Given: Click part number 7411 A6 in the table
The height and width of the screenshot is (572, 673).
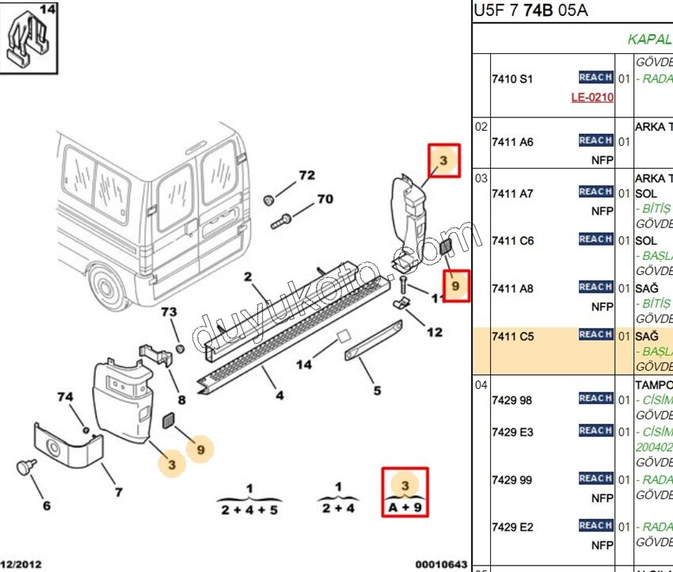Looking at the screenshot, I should (512, 143).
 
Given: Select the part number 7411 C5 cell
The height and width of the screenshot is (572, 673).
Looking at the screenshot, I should (512, 337).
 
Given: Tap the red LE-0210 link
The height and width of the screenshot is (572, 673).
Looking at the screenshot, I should (592, 97).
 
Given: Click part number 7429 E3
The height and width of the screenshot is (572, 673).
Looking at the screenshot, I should (512, 432).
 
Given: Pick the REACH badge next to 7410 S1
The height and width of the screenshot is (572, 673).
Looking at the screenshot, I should (595, 78).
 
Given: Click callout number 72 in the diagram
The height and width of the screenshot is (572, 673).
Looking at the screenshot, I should (306, 175).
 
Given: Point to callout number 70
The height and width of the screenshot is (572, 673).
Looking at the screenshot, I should (325, 199).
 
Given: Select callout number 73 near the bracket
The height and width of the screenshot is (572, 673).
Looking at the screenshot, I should (169, 312).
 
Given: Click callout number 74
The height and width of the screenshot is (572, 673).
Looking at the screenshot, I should (65, 396).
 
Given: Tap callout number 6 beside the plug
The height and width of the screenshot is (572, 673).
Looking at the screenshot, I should (47, 505).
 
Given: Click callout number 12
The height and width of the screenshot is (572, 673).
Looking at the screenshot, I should (434, 332).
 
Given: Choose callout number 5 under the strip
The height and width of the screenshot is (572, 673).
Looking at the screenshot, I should (377, 390).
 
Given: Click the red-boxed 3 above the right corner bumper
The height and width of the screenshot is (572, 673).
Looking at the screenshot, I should (443, 162).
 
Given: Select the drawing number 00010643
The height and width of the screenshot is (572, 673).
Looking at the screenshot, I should (440, 564).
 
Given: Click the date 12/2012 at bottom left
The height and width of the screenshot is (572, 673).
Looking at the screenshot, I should (21, 564).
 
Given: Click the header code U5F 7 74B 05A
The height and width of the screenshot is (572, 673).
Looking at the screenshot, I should (531, 12).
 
